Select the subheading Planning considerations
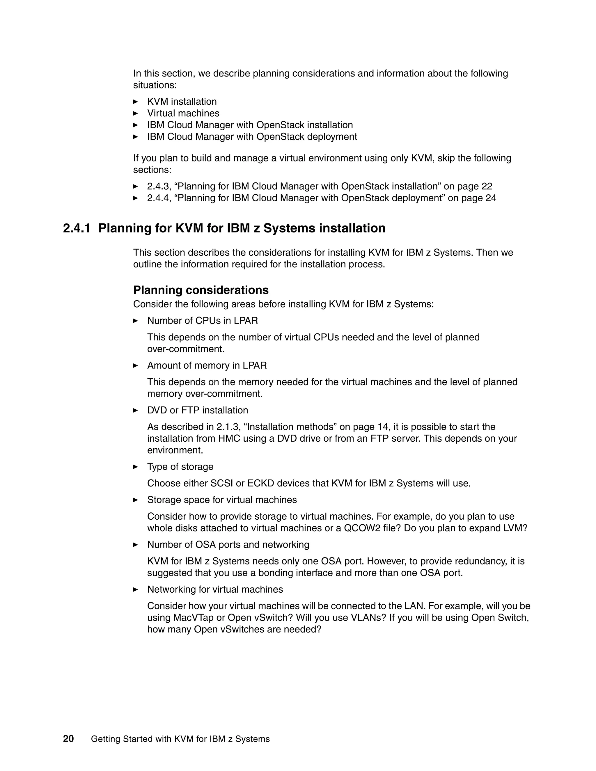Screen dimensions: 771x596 (201, 290)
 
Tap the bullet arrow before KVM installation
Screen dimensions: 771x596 (136, 102)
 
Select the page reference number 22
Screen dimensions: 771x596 (487, 186)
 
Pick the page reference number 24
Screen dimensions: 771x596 (490, 198)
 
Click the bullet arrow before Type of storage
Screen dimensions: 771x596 (136, 467)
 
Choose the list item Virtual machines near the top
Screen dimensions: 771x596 (183, 113)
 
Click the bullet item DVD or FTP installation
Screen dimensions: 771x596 (197, 410)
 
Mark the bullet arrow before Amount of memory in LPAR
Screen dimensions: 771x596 (136, 365)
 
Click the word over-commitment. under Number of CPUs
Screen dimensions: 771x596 (186, 349)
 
